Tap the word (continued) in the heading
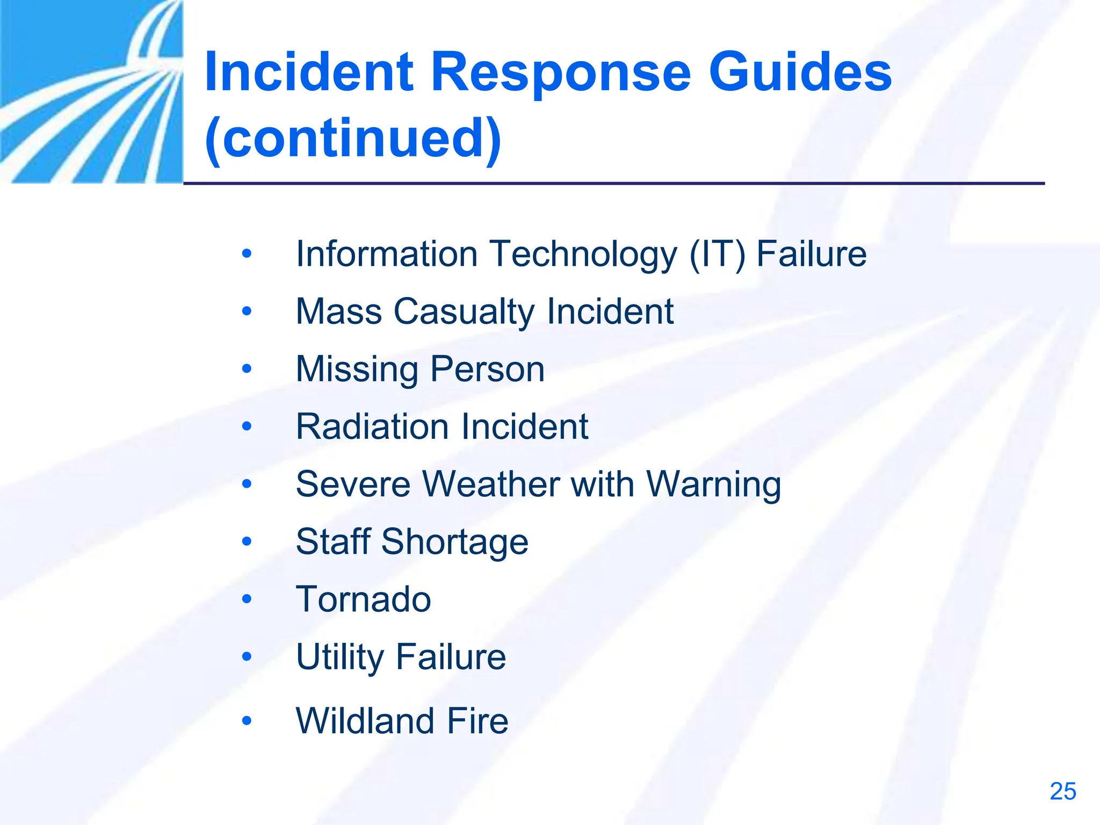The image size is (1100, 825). (353, 139)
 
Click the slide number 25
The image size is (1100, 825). (1062, 792)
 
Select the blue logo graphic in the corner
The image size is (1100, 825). (91, 91)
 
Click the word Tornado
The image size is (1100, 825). (363, 599)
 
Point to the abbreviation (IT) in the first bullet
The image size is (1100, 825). (717, 254)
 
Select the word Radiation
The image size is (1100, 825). (372, 427)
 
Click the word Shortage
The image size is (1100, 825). (454, 542)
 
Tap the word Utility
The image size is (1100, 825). (339, 657)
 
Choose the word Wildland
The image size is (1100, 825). (365, 721)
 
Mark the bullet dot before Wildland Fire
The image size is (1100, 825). (247, 720)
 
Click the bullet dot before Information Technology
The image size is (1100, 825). (247, 254)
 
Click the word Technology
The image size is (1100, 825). (583, 254)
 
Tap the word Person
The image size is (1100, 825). (487, 370)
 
